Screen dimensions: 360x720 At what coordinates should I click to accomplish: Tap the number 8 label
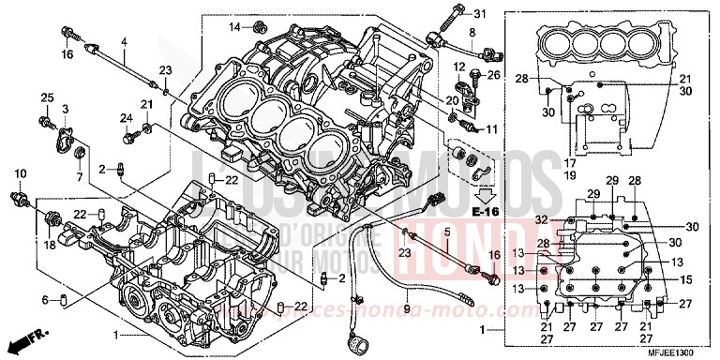[x=472, y=33]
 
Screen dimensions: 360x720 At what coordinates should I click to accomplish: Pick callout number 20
[x=452, y=100]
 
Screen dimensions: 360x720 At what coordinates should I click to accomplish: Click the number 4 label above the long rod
[x=123, y=41]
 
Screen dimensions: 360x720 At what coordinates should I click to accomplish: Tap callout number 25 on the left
[x=45, y=98]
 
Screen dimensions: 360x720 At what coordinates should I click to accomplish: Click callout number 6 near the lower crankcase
[x=44, y=299]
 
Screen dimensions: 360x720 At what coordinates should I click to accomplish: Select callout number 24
[x=125, y=117]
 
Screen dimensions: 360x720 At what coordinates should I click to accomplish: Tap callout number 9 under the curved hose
[x=407, y=307]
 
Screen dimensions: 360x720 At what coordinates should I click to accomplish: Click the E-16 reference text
[x=485, y=213]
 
